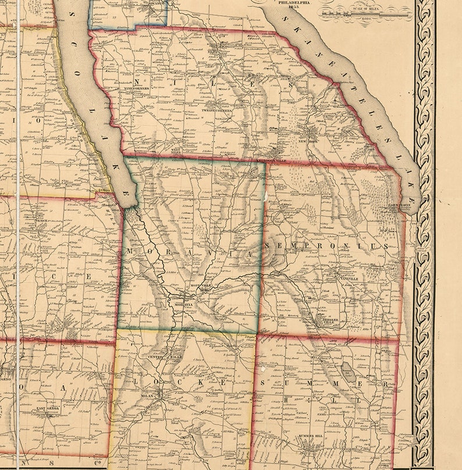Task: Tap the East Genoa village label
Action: tap(49, 408)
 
